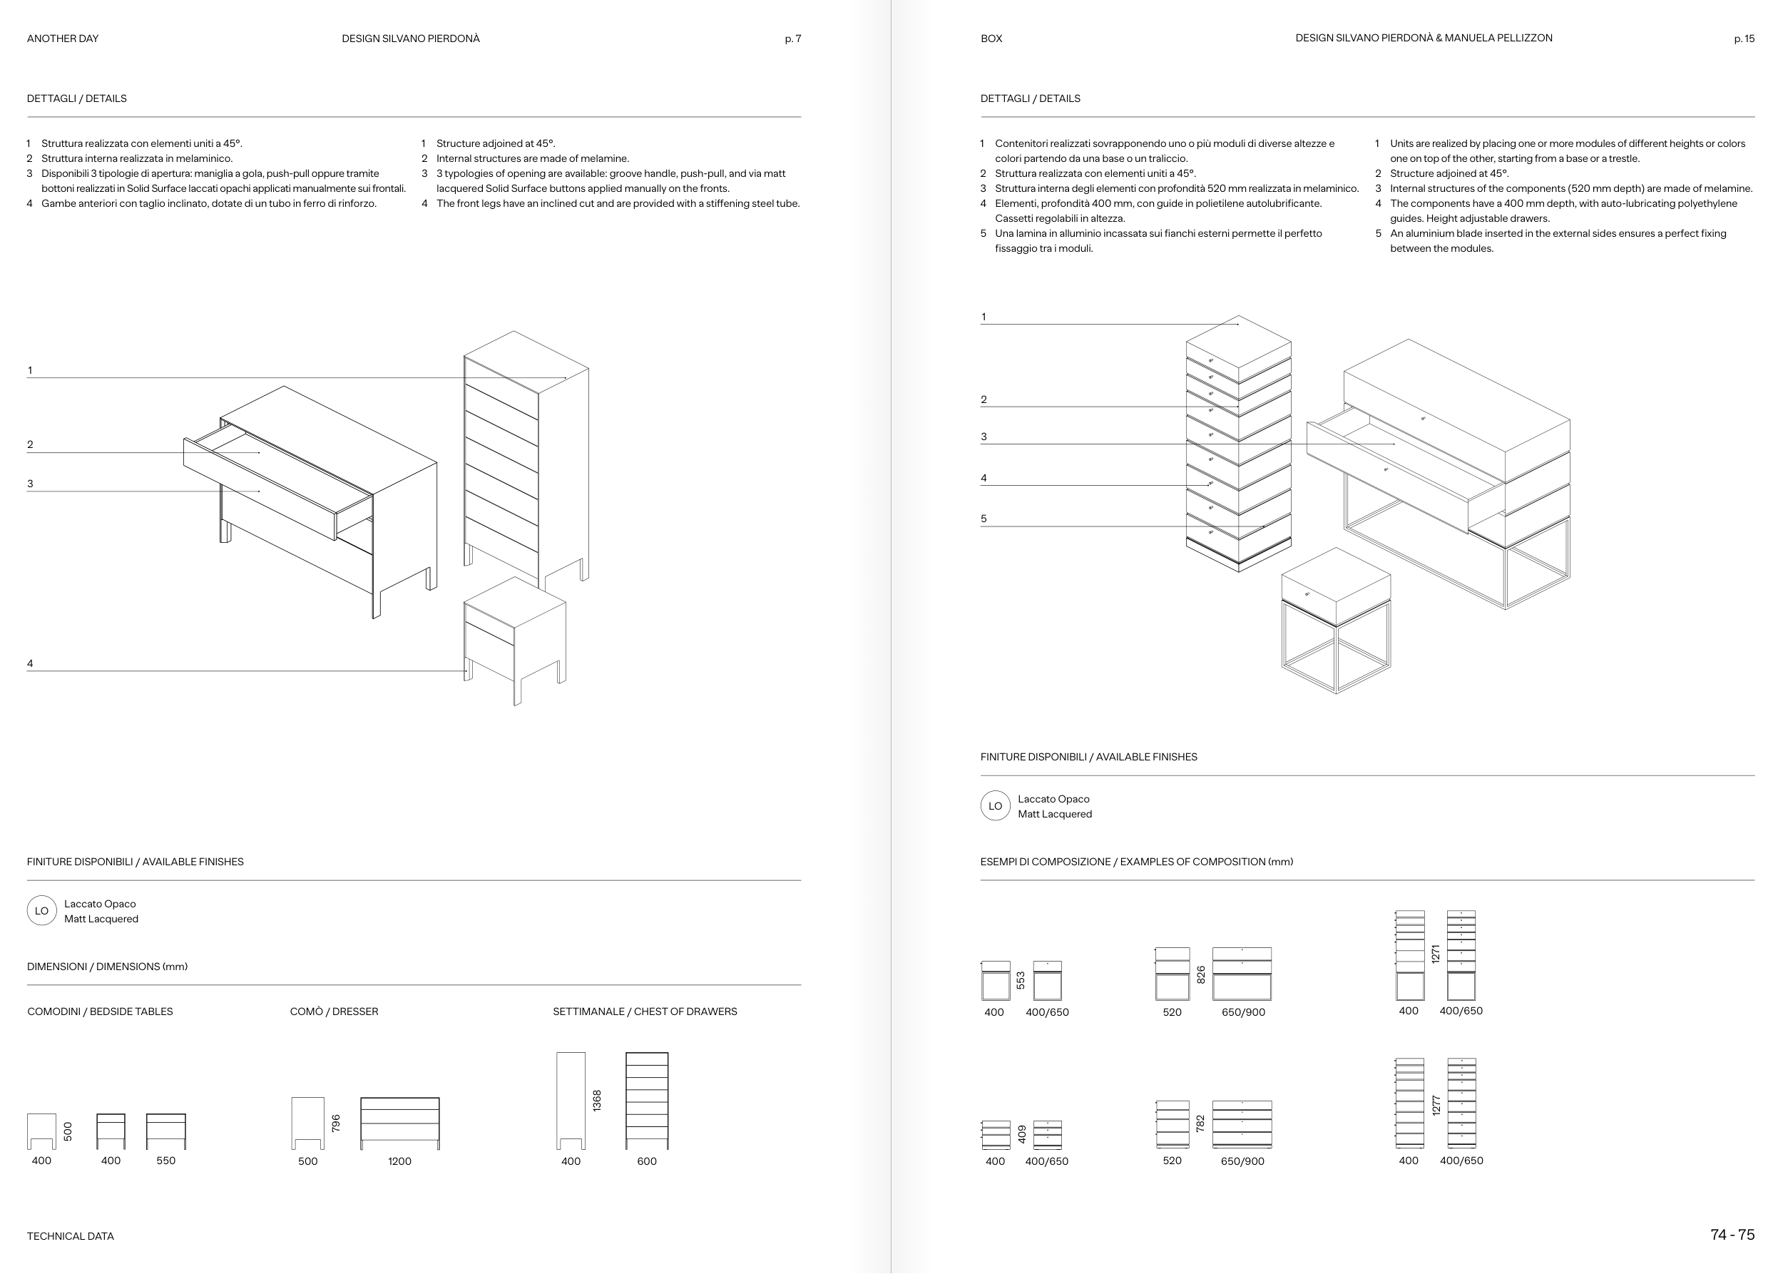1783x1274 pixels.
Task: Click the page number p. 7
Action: pos(792,39)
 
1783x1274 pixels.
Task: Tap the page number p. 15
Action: pos(1744,39)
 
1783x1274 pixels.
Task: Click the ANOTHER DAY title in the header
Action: pos(63,39)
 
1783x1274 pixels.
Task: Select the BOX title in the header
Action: pos(991,39)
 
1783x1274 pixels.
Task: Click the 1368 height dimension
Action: pos(597,1100)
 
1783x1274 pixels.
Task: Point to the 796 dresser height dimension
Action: pos(336,1123)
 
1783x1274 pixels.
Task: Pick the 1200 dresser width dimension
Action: pos(399,1161)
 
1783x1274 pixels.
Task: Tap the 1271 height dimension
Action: pos(1436,954)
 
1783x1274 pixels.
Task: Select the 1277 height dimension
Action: pos(1436,1106)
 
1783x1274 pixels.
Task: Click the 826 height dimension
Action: pos(1200,974)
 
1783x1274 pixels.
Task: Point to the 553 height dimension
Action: pos(1021,980)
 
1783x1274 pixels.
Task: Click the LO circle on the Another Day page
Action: pos(41,911)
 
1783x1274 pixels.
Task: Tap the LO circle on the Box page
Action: pos(995,805)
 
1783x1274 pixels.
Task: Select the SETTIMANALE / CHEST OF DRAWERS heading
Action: pos(645,1011)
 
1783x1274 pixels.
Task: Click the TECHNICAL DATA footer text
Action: pos(71,1236)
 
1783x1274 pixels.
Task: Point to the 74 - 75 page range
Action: pos(1732,1235)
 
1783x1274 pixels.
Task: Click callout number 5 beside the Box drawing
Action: pos(984,519)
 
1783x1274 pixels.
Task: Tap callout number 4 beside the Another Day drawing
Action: pos(30,663)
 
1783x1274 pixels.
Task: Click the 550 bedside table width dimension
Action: pos(165,1161)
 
